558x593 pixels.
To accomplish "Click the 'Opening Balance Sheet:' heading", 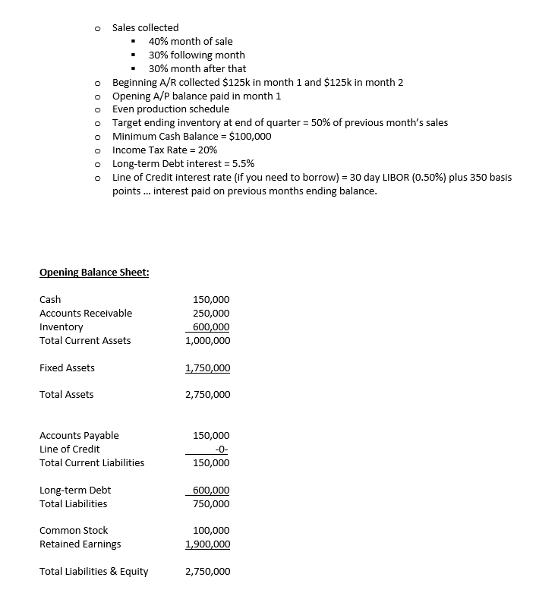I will [x=94, y=273].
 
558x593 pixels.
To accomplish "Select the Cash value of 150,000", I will [x=213, y=300].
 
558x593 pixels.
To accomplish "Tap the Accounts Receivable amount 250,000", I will [x=213, y=314].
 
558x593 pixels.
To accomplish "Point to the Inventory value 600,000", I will [x=213, y=327].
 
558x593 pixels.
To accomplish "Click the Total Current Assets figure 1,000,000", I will [x=208, y=341].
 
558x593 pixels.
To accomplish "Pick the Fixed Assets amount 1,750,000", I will [x=208, y=368].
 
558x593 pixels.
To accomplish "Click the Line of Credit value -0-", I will [x=222, y=449].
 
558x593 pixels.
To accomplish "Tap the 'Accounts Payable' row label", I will [x=79, y=436].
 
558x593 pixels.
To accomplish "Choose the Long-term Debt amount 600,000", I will [x=213, y=490].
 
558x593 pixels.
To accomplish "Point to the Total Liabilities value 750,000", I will [x=213, y=504].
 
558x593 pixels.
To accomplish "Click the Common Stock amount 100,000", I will [x=213, y=531].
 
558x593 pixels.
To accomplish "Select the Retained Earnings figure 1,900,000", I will [x=208, y=544].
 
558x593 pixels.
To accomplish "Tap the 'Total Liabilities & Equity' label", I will [x=94, y=572].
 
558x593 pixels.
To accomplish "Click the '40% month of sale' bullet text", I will [x=191, y=42].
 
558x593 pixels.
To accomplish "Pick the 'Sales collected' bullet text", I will [x=146, y=28].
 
